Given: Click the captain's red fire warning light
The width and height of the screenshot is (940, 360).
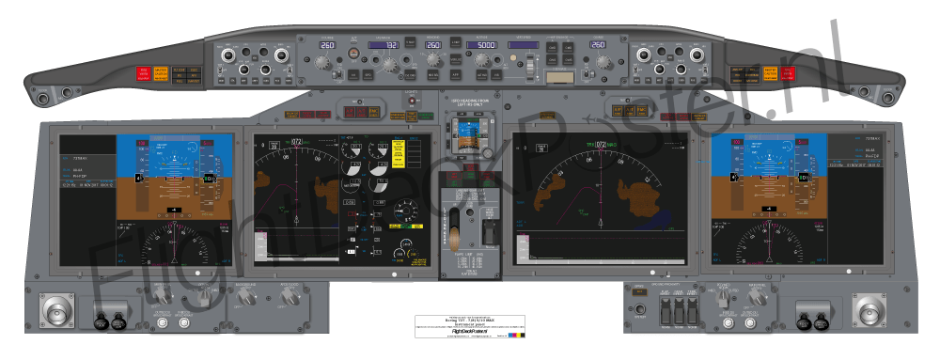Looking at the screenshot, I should tap(144, 74).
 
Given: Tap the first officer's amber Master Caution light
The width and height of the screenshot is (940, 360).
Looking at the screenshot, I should tap(771, 74).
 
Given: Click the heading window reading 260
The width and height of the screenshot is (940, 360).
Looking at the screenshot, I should tap(433, 45).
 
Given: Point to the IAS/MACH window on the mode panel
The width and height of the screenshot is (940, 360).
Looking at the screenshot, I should tap(385, 45).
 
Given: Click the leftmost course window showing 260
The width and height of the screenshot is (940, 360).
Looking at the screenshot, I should tap(327, 45).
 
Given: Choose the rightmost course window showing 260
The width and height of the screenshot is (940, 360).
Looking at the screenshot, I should tap(596, 45).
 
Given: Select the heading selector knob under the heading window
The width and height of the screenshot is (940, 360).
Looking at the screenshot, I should tap(434, 63).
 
